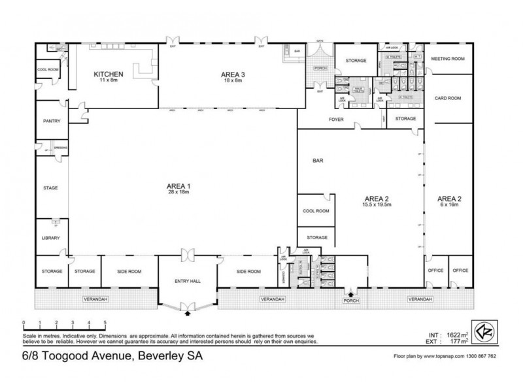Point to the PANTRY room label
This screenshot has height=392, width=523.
tap(51, 121)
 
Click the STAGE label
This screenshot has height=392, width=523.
tap(50, 188)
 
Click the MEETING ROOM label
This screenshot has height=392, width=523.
tap(448, 59)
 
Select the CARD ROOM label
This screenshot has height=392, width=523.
tap(448, 98)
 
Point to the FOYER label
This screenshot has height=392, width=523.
tap(335, 120)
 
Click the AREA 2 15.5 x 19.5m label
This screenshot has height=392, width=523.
tap(378, 201)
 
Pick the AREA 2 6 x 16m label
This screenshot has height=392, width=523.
tap(449, 201)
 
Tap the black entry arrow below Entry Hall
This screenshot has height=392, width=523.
tap(188, 314)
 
